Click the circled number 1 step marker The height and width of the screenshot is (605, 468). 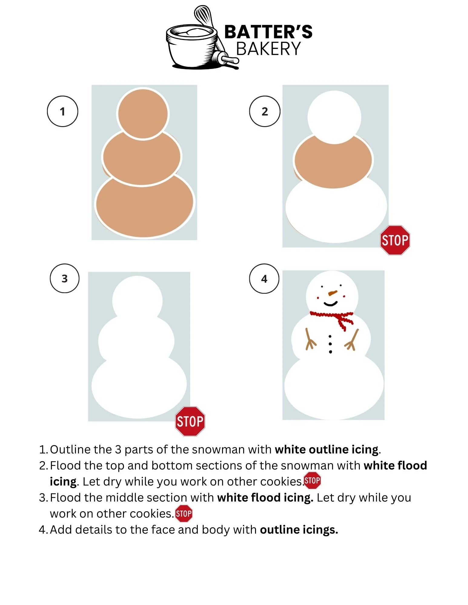pyautogui.click(x=62, y=111)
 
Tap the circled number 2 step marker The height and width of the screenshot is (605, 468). pyautogui.click(x=264, y=111)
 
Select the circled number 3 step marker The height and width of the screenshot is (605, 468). pyautogui.click(x=65, y=278)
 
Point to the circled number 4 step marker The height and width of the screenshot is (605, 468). pyautogui.click(x=264, y=279)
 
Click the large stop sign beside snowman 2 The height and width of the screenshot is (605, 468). pyautogui.click(x=395, y=240)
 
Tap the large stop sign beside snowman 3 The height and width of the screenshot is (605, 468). pyautogui.click(x=190, y=421)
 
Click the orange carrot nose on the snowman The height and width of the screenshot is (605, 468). pyautogui.click(x=332, y=293)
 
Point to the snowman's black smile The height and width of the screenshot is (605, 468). pyautogui.click(x=330, y=303)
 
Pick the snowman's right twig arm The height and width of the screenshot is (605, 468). pyautogui.click(x=352, y=340)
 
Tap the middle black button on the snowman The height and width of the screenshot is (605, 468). pyautogui.click(x=330, y=344)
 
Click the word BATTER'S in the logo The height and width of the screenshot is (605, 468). pyautogui.click(x=268, y=32)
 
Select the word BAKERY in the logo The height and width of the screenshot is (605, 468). pyautogui.click(x=268, y=49)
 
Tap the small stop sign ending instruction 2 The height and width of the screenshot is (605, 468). pyautogui.click(x=312, y=480)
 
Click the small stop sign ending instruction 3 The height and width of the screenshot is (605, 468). pyautogui.click(x=184, y=513)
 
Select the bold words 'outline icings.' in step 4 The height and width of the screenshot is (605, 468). pyautogui.click(x=299, y=530)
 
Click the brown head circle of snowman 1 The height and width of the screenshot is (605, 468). pyautogui.click(x=143, y=113)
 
